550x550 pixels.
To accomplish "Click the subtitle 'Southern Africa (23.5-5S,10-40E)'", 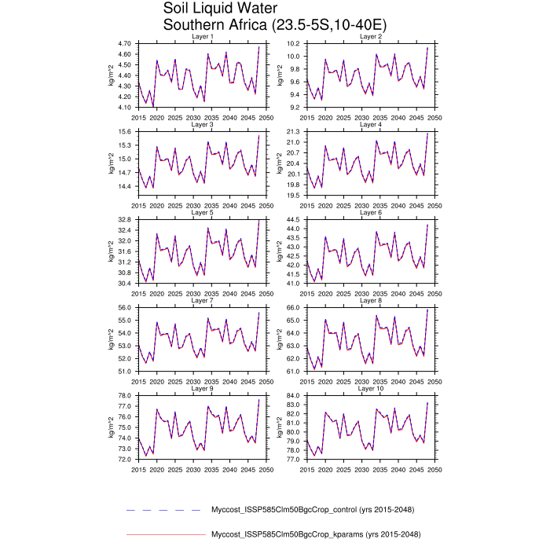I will tap(274, 25).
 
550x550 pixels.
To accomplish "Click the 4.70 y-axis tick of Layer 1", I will tap(123, 44).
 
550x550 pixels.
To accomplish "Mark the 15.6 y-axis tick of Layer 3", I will tap(124, 132).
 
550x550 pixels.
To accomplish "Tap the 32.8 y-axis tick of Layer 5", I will tap(124, 220).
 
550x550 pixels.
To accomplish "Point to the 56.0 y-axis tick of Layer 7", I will tap(124, 308).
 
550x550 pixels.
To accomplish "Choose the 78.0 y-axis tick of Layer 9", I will tap(124, 396).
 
